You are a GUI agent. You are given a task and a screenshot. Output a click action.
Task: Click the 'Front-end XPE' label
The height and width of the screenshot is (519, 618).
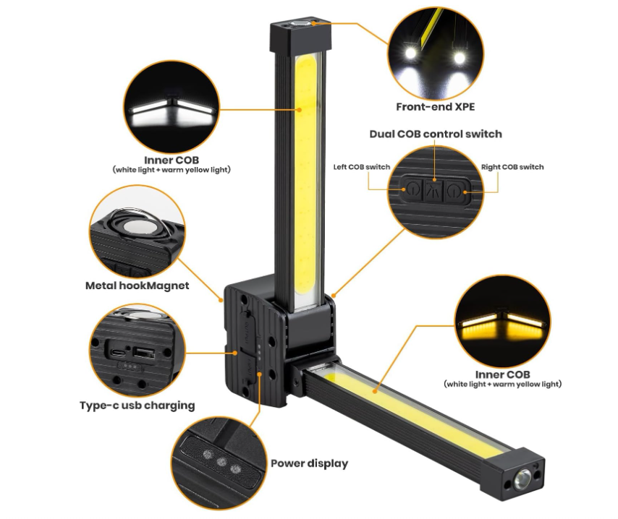tap(435, 107)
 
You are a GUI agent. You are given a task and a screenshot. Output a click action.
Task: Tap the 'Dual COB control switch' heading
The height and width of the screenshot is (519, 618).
tap(436, 134)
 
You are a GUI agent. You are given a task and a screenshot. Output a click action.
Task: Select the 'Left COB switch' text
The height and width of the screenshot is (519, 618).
tap(361, 167)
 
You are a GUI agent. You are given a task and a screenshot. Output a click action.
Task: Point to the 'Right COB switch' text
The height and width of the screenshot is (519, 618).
tap(512, 167)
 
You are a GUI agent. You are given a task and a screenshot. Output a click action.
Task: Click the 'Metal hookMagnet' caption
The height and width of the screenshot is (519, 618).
tap(137, 286)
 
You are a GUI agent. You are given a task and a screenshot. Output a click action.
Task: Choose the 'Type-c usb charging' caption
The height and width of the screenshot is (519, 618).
tap(137, 406)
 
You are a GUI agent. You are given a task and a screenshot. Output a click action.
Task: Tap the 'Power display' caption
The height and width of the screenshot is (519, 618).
tap(310, 463)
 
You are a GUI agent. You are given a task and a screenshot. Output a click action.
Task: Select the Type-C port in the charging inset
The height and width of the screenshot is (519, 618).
tap(118, 351)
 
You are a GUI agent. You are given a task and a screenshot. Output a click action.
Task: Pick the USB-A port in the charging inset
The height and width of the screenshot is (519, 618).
tap(143, 352)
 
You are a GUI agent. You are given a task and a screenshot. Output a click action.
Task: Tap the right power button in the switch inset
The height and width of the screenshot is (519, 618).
tap(454, 191)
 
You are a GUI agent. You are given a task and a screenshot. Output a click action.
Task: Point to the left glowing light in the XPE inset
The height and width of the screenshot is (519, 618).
tap(411, 52)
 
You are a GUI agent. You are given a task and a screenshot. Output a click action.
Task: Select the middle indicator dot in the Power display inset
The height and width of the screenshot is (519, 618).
tap(222, 461)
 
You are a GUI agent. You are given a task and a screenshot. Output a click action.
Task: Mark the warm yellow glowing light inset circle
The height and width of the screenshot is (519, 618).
tap(502, 322)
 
